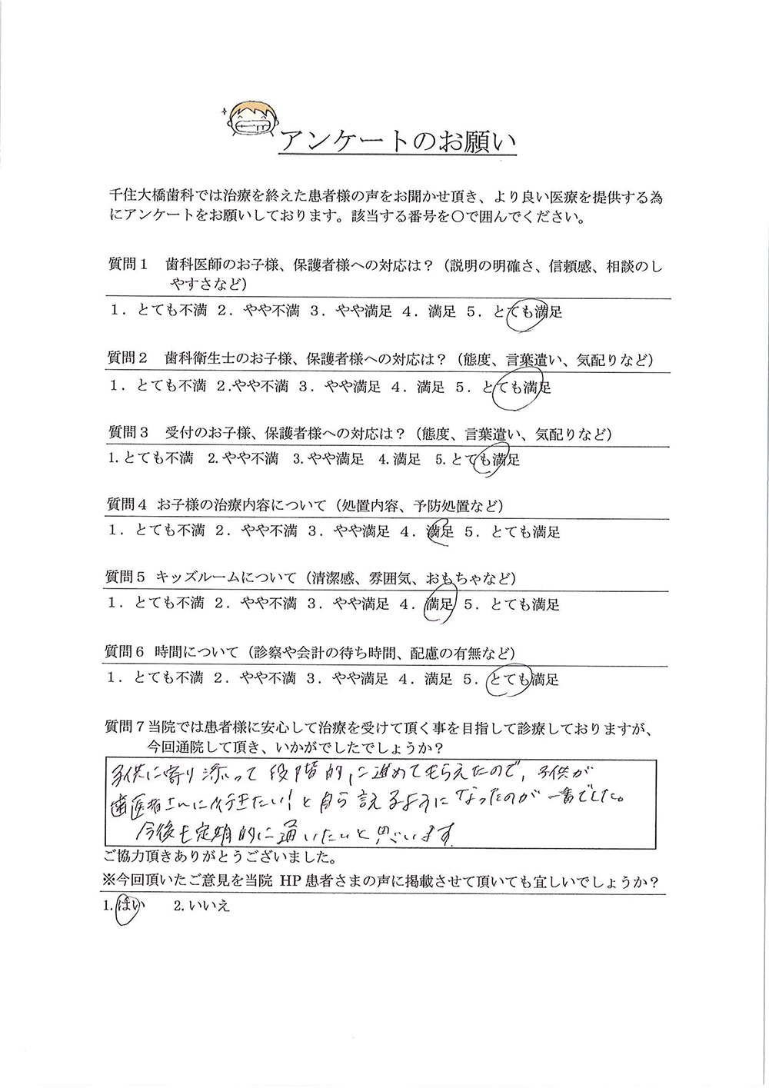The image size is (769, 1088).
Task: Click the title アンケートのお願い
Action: tap(393, 141)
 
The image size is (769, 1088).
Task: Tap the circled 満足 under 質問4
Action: tap(440, 532)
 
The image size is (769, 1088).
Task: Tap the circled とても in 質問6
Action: tap(509, 677)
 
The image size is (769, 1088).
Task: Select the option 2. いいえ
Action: tap(202, 908)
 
